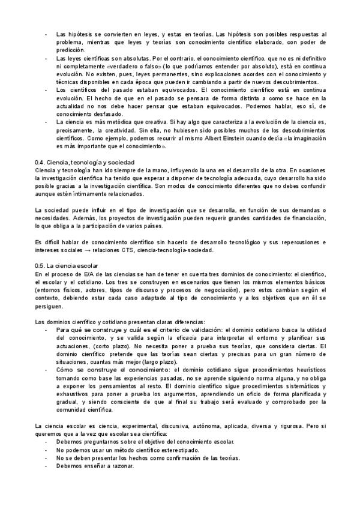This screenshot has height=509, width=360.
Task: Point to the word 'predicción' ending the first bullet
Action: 70,51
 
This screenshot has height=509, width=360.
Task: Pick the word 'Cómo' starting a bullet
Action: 65,370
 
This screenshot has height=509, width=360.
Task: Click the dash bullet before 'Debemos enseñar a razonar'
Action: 46,466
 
